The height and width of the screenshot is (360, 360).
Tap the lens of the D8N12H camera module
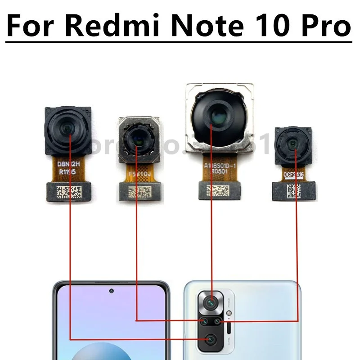[67, 129]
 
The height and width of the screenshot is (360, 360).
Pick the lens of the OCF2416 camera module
[293, 144]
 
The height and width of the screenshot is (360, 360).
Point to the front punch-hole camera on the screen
[111, 291]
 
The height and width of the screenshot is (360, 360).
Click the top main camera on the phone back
[210, 303]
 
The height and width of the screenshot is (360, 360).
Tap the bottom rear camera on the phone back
[210, 339]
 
